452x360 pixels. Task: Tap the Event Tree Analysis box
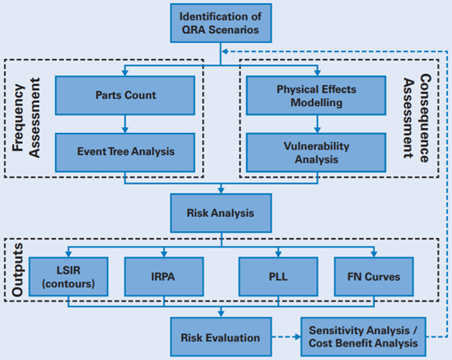pyautogui.click(x=124, y=152)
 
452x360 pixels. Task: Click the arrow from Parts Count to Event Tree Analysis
pyautogui.click(x=124, y=123)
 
